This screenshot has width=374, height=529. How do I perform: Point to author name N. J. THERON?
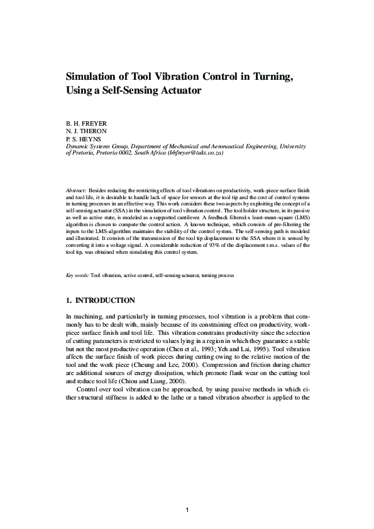tap(87, 131)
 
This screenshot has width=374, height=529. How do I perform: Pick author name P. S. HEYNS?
tap(84, 139)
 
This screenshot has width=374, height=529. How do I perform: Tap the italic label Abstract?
tap(77, 189)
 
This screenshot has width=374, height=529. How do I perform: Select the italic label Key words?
tap(78, 275)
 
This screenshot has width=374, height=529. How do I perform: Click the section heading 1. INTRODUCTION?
tap(100, 300)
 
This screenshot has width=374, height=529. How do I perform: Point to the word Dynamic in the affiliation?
tap(77, 146)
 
